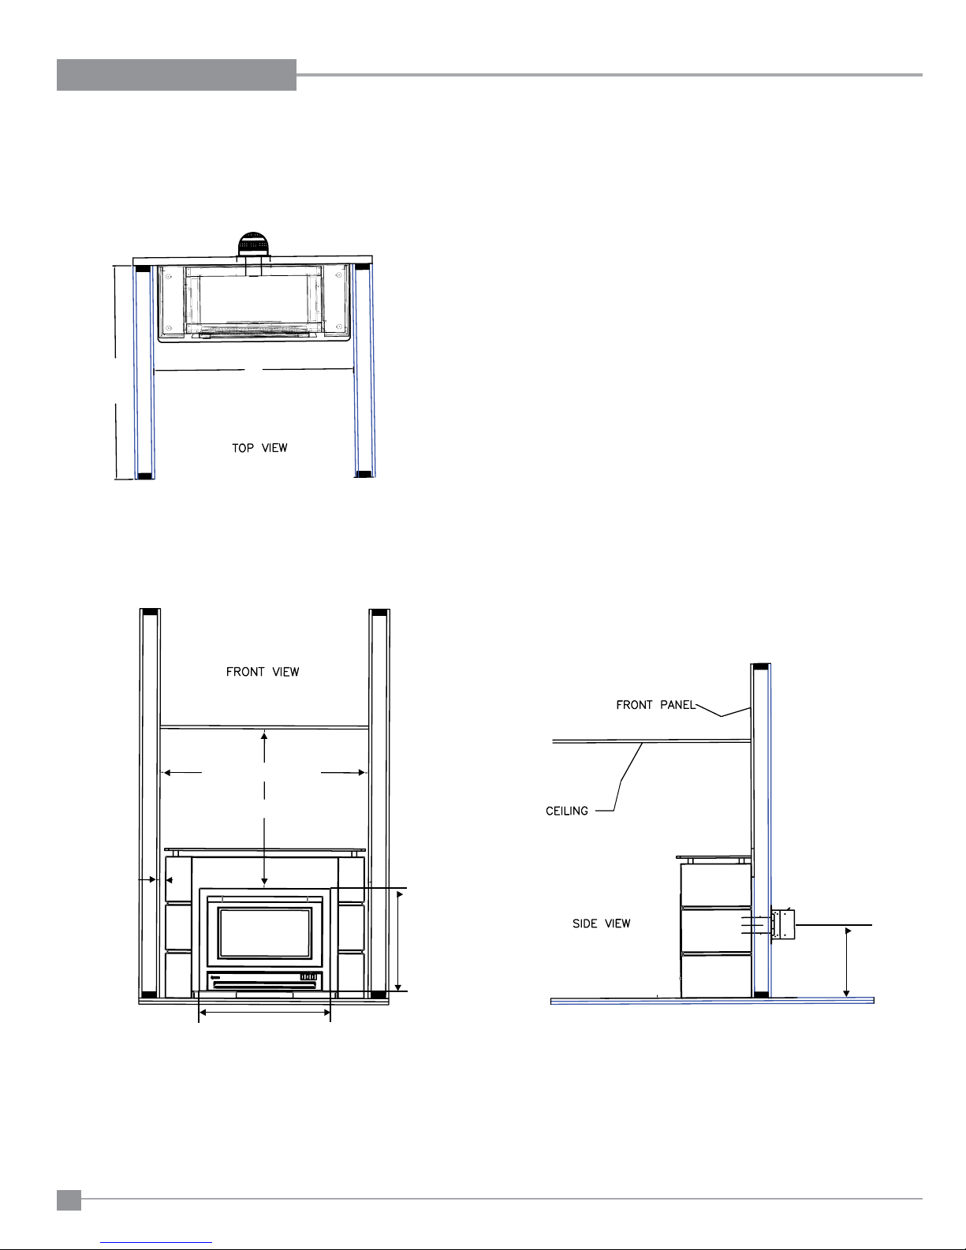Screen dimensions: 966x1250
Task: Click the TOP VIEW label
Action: (x=259, y=447)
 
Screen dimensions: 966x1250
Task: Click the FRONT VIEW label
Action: (x=262, y=672)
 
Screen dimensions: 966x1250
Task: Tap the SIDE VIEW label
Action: (x=602, y=924)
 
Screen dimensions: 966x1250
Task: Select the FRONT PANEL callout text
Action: (x=655, y=705)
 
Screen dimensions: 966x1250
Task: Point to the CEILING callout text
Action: (x=567, y=811)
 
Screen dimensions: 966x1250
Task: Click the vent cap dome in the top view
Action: (x=252, y=244)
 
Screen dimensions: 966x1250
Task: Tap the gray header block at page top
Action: (x=177, y=75)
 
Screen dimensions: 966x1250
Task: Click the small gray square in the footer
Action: (x=69, y=1200)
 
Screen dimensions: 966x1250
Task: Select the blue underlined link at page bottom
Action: (x=156, y=1243)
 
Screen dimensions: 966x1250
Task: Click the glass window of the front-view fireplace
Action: (x=264, y=933)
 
